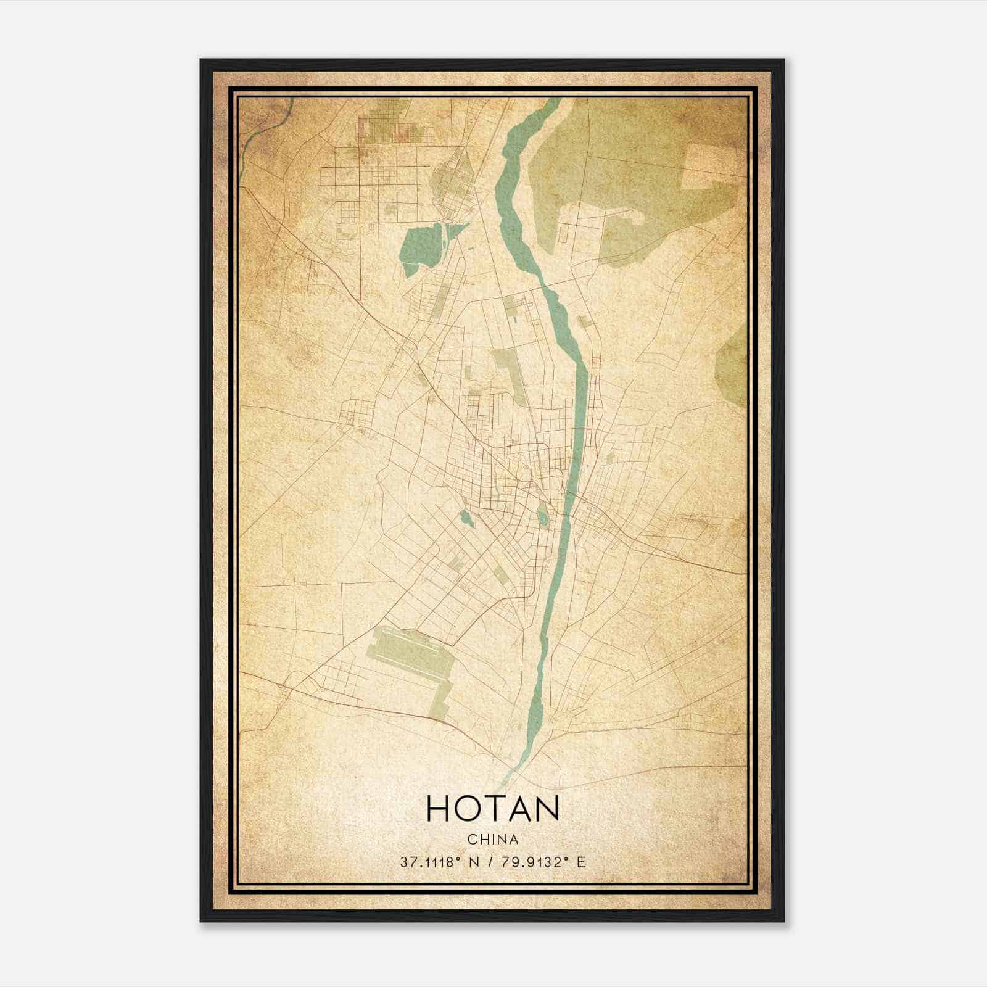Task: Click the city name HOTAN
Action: coord(492,809)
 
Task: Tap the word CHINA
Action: coord(492,839)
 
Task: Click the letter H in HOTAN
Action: coord(439,809)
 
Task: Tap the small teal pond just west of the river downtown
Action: coord(542,516)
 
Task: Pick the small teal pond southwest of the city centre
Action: coord(466,518)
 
